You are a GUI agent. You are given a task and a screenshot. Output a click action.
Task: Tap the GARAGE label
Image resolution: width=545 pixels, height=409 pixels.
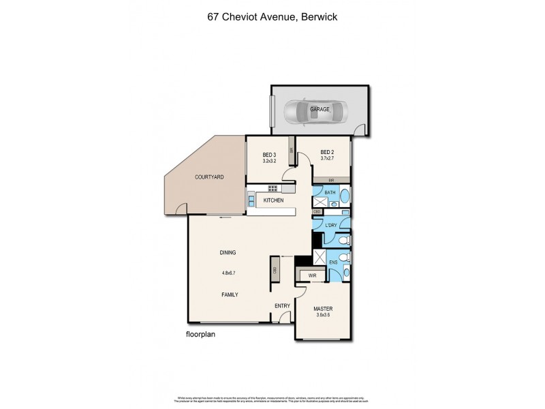pyautogui.click(x=320, y=109)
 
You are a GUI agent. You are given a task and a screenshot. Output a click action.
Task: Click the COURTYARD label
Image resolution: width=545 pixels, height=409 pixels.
pyautogui.click(x=209, y=177)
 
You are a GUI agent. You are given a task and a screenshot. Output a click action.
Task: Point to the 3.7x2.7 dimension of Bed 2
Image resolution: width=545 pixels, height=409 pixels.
pyautogui.click(x=328, y=159)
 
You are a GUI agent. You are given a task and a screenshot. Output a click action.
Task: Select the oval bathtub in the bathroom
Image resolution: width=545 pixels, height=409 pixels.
pyautogui.click(x=343, y=199)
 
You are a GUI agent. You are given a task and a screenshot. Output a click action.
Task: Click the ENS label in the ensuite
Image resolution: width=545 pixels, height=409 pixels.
pyautogui.click(x=334, y=261)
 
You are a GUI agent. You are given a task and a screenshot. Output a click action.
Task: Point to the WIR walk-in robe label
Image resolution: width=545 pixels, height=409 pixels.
pyautogui.click(x=312, y=275)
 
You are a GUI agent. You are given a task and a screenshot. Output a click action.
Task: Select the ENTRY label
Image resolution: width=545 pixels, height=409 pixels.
pyautogui.click(x=282, y=305)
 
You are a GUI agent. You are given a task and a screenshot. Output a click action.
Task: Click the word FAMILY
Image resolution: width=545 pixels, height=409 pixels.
pyautogui.click(x=229, y=294)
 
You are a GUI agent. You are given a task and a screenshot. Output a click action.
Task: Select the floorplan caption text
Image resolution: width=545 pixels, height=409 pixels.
pyautogui.click(x=202, y=335)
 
